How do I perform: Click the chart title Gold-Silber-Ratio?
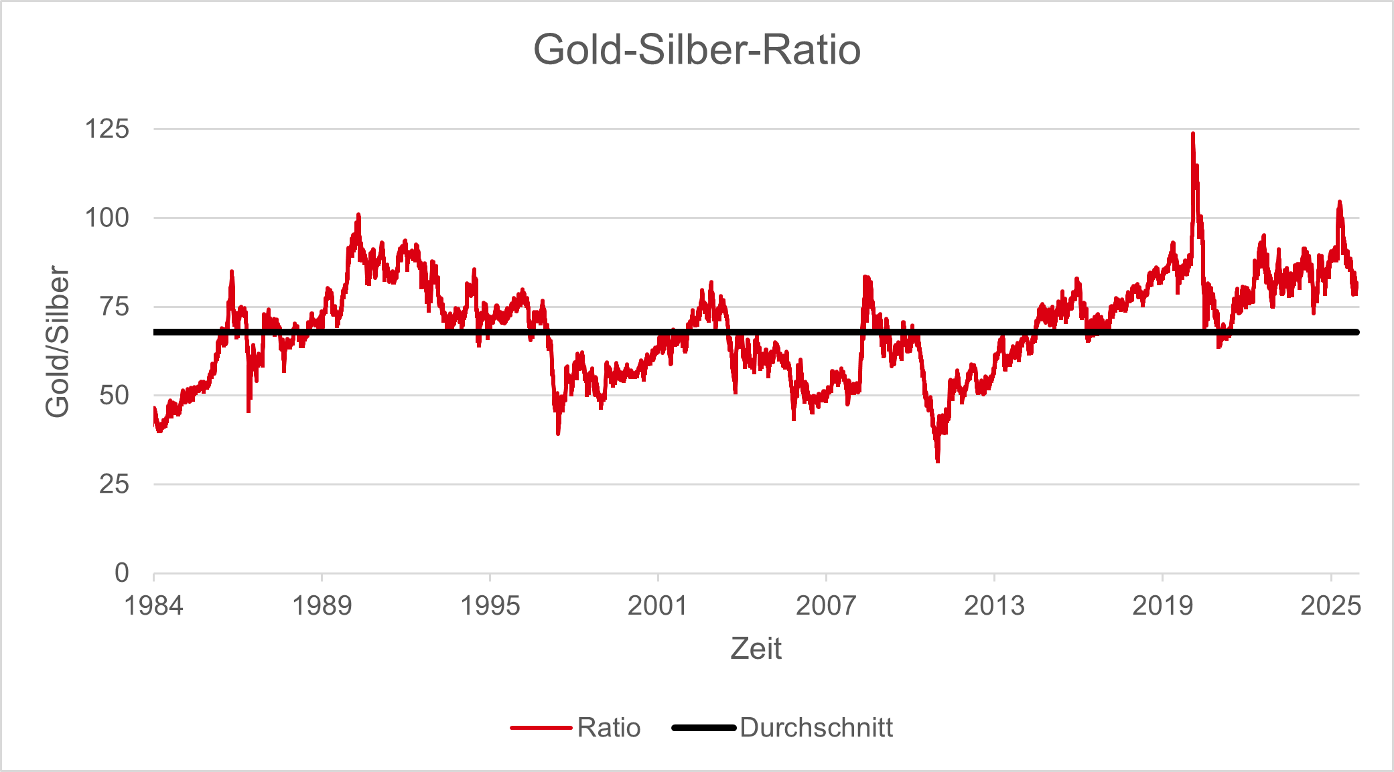click(x=697, y=50)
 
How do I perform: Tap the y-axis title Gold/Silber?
click(x=58, y=341)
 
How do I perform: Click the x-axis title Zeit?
click(x=756, y=648)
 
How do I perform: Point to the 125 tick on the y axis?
click(x=107, y=129)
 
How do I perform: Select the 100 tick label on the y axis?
click(x=107, y=218)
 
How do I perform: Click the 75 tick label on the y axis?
click(x=114, y=307)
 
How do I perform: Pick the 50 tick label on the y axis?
click(x=114, y=395)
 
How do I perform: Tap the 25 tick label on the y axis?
click(x=114, y=484)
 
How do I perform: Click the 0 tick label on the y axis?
click(x=121, y=573)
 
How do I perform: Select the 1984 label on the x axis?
click(x=153, y=606)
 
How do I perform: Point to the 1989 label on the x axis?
click(x=322, y=606)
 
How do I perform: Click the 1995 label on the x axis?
click(x=490, y=606)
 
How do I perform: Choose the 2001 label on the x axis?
click(x=658, y=606)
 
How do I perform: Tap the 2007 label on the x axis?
click(x=826, y=606)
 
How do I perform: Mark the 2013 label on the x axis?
click(x=994, y=606)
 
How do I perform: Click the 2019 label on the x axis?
click(x=1162, y=606)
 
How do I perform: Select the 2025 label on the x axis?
click(x=1330, y=606)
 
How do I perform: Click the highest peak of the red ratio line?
click(x=1192, y=134)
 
